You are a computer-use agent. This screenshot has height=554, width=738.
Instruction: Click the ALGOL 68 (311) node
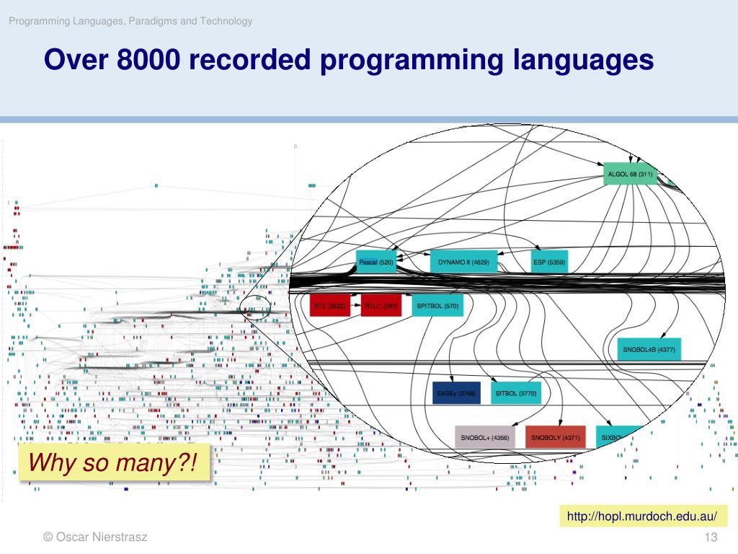pos(630,174)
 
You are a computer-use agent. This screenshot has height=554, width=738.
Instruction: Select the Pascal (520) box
pos(376,263)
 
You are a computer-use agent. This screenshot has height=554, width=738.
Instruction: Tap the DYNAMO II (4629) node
pos(463,263)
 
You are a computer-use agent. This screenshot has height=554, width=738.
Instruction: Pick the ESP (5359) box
pos(549,263)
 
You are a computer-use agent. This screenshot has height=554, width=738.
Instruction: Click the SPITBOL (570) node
pos(437,306)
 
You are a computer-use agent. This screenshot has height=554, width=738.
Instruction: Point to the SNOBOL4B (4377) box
pos(649,349)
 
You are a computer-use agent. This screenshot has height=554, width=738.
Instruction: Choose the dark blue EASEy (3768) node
pos(456,393)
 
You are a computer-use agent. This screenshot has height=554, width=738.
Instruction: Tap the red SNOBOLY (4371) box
pos(556,437)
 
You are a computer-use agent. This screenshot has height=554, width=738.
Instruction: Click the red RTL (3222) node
pos(331,306)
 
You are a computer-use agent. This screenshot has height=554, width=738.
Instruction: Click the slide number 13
pos(711,537)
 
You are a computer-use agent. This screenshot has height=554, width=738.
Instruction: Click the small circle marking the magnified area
pos(256,307)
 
